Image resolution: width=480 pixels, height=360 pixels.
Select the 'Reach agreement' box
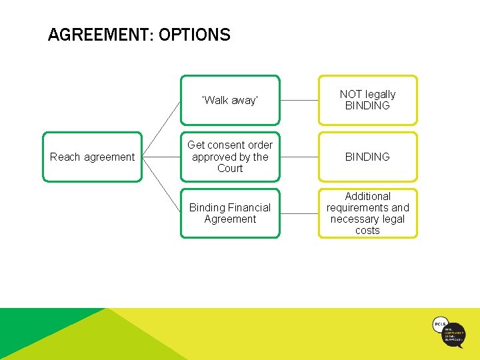(x=93, y=157)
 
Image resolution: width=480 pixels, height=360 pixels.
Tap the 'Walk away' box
(x=230, y=100)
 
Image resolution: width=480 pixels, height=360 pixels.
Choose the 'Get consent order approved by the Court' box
(x=230, y=157)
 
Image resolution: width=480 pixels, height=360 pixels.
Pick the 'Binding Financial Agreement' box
(x=230, y=213)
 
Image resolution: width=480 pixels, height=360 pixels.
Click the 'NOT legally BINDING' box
(x=367, y=100)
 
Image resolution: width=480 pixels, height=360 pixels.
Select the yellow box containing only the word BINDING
(x=367, y=157)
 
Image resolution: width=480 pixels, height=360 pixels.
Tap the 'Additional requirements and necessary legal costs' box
(x=367, y=213)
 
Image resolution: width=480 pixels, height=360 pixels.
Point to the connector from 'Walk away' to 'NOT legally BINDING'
(x=299, y=100)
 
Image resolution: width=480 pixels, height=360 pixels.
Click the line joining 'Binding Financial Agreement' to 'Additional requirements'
(x=299, y=213)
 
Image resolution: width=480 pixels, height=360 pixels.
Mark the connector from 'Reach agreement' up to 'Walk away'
(x=161, y=129)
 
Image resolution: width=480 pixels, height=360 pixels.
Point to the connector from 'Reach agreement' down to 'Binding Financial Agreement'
(x=161, y=185)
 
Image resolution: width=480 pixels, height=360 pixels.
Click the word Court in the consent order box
(x=230, y=169)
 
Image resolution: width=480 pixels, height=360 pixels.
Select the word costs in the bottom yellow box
(x=367, y=231)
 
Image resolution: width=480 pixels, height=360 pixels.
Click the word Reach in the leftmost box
(x=65, y=157)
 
